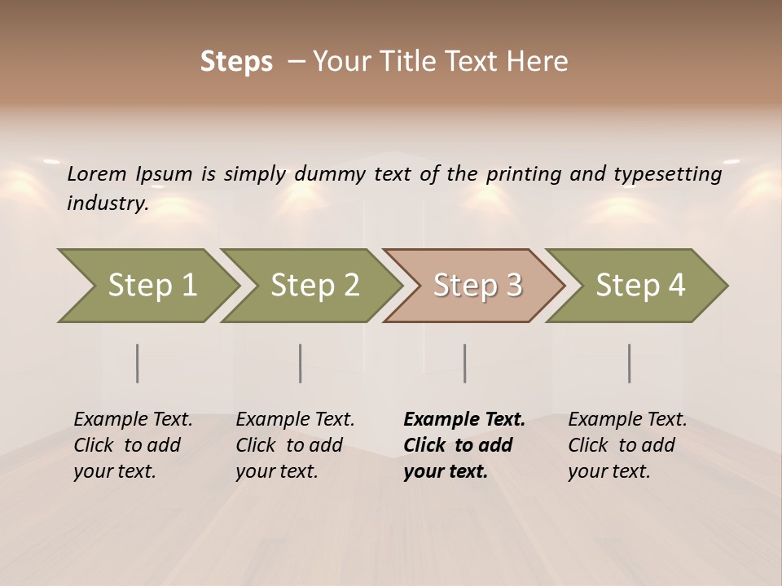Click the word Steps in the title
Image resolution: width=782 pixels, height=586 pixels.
[236, 62]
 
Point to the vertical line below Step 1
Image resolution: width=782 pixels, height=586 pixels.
[138, 363]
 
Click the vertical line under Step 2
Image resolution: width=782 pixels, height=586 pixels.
[301, 363]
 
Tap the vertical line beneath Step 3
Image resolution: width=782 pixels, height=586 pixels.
[465, 363]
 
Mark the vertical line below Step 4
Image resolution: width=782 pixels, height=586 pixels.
[630, 363]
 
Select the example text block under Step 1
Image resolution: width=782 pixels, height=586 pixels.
[133, 445]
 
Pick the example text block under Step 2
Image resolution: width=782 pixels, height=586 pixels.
[295, 445]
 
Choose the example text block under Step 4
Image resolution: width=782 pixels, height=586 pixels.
[627, 445]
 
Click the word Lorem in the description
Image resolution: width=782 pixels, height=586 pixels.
[97, 174]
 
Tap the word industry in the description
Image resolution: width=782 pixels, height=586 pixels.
[107, 203]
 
